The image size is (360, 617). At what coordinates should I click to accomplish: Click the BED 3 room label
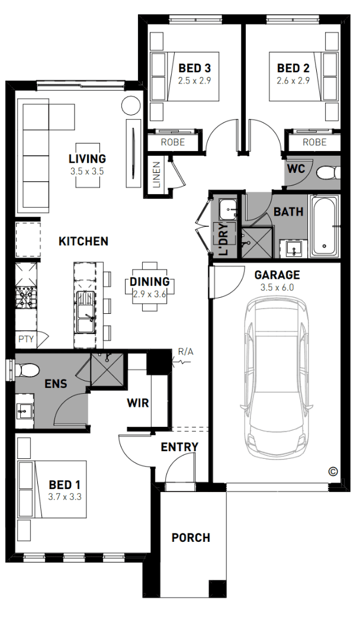[194, 68]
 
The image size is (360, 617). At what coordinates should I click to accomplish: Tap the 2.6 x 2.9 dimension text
[293, 81]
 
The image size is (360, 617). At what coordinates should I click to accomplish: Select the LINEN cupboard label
[157, 175]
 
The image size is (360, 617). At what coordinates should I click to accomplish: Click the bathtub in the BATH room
[324, 225]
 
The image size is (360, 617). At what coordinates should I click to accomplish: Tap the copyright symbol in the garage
[333, 471]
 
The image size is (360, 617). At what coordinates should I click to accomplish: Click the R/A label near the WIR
[186, 352]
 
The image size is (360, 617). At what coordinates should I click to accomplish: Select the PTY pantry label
[26, 339]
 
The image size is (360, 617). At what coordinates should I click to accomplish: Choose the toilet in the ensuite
[27, 370]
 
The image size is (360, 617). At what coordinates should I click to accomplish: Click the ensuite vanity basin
[25, 412]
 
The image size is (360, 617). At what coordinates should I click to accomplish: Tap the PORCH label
[191, 538]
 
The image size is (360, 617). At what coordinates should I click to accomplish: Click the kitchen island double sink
[85, 311]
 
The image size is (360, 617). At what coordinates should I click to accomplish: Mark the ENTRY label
[179, 447]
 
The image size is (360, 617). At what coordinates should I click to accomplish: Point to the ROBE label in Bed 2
[314, 142]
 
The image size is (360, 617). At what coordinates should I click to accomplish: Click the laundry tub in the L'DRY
[228, 210]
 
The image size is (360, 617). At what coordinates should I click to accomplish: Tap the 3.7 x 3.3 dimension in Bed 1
[65, 497]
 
